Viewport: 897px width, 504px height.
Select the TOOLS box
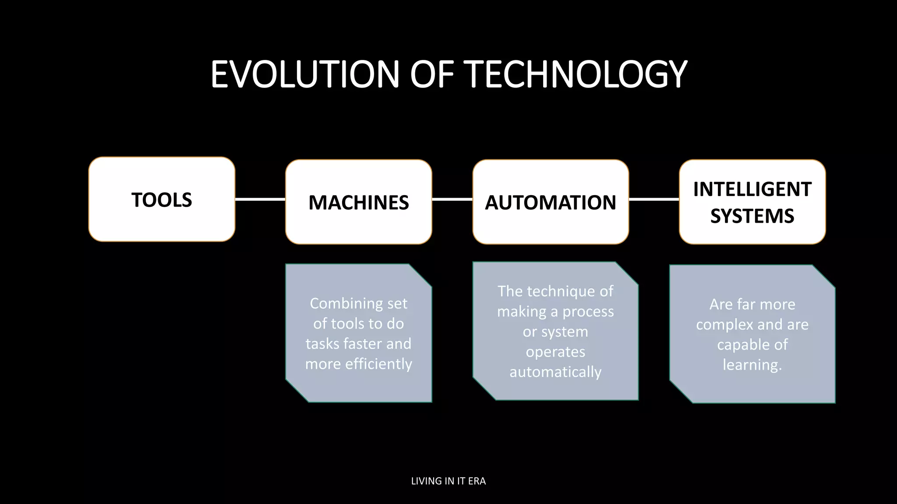coord(162,199)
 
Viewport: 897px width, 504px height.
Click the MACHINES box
coord(358,202)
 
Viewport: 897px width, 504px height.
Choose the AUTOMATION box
coord(551,202)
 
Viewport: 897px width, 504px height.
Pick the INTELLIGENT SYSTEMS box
coord(752,202)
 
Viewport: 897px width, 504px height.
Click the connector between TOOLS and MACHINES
coord(260,199)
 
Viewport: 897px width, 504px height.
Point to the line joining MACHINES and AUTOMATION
coord(452,199)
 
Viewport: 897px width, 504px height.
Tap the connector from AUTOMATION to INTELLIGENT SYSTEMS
coord(654,199)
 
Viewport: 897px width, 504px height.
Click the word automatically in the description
coord(555,372)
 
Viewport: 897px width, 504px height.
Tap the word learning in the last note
coord(752,365)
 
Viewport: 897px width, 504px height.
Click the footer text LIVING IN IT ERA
coord(448,481)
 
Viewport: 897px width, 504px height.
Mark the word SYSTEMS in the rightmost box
coord(752,216)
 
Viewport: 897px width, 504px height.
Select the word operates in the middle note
coord(555,352)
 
